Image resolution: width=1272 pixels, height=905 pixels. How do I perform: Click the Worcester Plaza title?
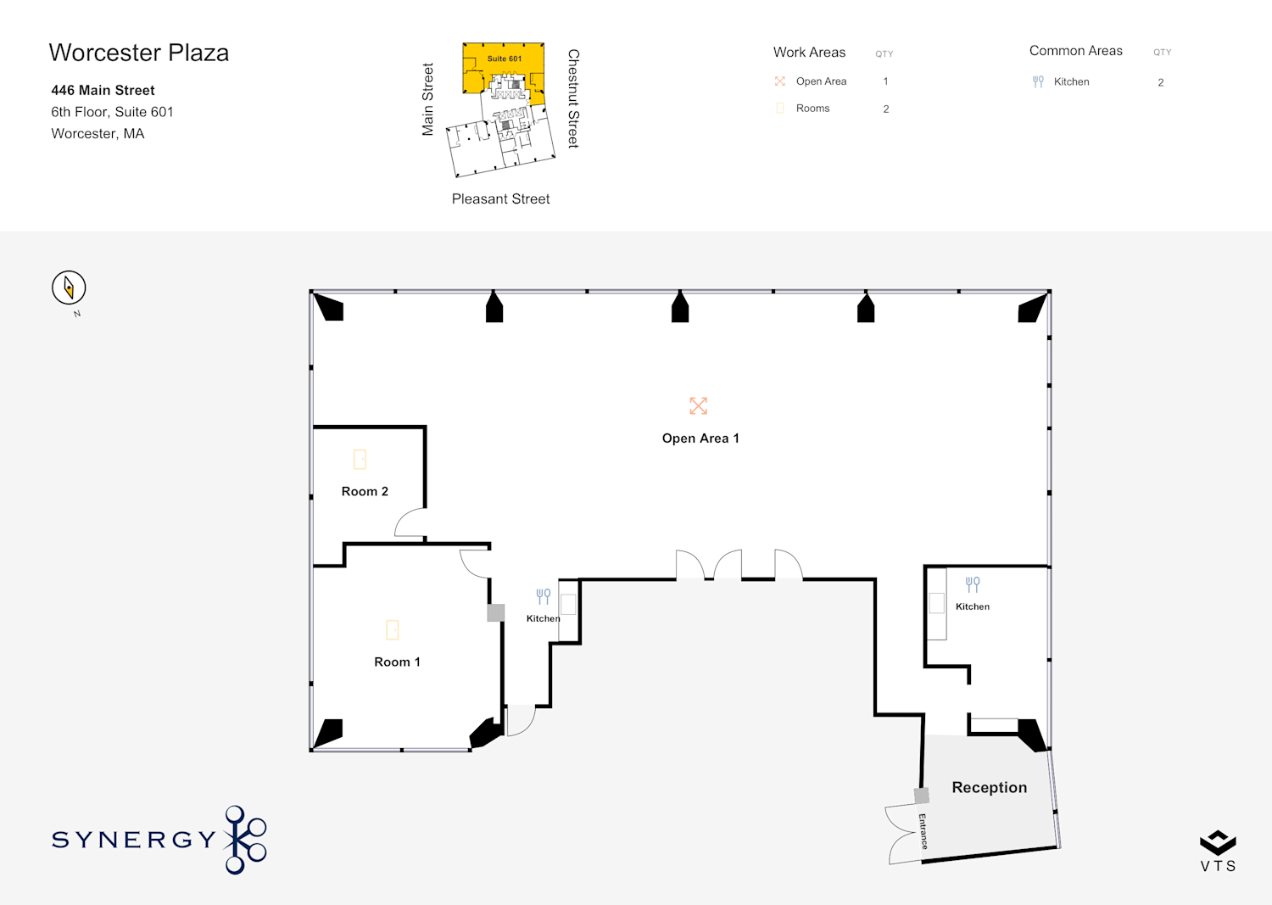pos(139,53)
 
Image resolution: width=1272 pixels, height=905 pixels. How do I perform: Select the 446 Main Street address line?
pos(103,90)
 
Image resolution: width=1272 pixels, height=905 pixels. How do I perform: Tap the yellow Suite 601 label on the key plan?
pos(505,59)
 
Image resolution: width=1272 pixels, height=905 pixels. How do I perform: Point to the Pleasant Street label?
pos(500,198)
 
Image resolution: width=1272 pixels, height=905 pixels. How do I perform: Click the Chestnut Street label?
pos(573,98)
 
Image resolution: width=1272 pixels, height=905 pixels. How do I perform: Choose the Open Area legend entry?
pos(821,81)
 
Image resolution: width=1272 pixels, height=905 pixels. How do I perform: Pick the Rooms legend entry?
pos(812,108)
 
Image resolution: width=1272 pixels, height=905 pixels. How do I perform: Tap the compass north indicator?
pos(69,288)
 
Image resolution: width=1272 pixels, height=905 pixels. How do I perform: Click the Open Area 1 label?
pos(700,438)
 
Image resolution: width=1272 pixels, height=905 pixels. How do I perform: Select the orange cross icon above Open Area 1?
pos(698,405)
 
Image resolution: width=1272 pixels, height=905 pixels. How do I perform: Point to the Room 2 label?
pos(365,491)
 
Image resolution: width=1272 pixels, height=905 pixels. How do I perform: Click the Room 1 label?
pos(397,662)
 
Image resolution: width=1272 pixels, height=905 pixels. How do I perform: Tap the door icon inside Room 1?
pos(393,629)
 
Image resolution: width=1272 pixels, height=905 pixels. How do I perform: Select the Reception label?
pos(990,787)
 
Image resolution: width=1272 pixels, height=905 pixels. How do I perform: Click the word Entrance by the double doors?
pos(923,831)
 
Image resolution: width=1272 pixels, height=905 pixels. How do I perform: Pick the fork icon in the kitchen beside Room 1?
pos(544,596)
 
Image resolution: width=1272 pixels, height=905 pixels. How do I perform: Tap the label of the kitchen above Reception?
pos(972,606)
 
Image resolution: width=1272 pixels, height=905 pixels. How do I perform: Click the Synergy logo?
pos(159,839)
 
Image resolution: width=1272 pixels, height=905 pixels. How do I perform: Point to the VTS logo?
pos(1218,851)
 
